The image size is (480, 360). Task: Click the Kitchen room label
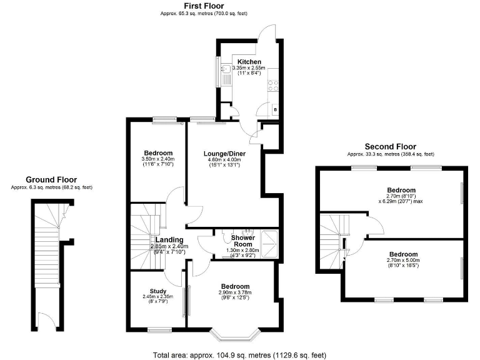[249, 62]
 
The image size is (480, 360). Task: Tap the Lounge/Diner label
[223, 153]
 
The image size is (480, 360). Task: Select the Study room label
[157, 291]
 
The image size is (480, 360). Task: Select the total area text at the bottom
[239, 355]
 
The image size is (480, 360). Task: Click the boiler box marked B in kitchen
[275, 110]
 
